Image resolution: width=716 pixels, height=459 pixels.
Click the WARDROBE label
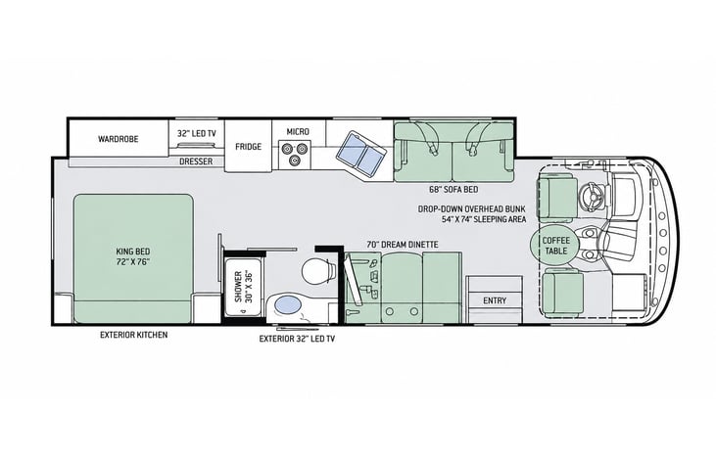click(118, 139)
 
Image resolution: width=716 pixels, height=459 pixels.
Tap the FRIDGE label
click(249, 147)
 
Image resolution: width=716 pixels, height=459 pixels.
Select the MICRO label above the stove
click(298, 131)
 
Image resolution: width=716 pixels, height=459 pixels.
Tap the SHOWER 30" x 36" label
click(243, 287)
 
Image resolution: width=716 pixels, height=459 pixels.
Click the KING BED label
click(133, 256)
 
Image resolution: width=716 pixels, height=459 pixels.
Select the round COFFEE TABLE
click(556, 246)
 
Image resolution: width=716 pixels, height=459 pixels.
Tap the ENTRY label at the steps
click(495, 300)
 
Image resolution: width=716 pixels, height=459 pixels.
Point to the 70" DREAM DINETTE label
click(403, 245)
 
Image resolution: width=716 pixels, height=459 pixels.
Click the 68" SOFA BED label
click(453, 189)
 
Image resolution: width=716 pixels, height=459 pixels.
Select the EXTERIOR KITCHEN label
click(134, 335)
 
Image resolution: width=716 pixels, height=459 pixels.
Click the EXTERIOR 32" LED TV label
click(297, 339)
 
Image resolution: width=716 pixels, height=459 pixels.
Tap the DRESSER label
click(196, 161)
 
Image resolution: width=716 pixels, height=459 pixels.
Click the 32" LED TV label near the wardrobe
click(197, 134)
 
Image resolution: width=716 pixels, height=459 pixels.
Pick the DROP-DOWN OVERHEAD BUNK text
click(472, 209)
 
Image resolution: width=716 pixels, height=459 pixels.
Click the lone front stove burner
click(295, 160)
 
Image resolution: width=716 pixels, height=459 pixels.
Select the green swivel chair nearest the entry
click(563, 293)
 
